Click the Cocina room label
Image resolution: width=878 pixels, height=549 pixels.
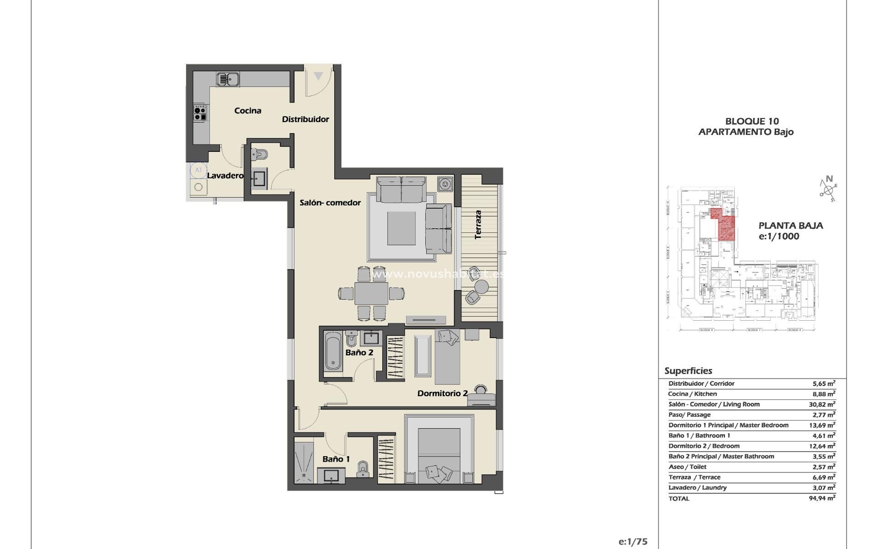coord(248,111)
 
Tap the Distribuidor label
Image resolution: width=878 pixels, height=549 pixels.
coord(305,119)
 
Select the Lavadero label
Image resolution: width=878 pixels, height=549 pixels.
coord(225,176)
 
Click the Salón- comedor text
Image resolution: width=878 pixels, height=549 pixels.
coord(330,203)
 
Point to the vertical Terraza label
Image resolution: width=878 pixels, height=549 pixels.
coord(478,225)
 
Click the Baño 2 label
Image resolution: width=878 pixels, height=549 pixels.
coord(359,353)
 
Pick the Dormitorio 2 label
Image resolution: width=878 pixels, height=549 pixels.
coord(442,393)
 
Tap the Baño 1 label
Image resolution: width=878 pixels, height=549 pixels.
coord(336,459)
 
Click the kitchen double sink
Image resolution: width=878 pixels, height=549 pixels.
coord(227,80)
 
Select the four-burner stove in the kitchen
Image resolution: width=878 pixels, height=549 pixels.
coord(200,113)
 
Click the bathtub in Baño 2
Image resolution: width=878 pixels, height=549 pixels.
coord(332,351)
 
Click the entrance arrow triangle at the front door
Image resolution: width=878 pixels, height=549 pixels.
coord(318,76)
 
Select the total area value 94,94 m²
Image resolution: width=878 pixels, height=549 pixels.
coord(822,498)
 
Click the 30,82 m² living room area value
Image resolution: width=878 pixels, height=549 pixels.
coord(822,404)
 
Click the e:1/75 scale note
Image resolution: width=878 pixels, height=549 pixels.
coord(633,542)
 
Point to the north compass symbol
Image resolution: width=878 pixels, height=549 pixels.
coord(829,188)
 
